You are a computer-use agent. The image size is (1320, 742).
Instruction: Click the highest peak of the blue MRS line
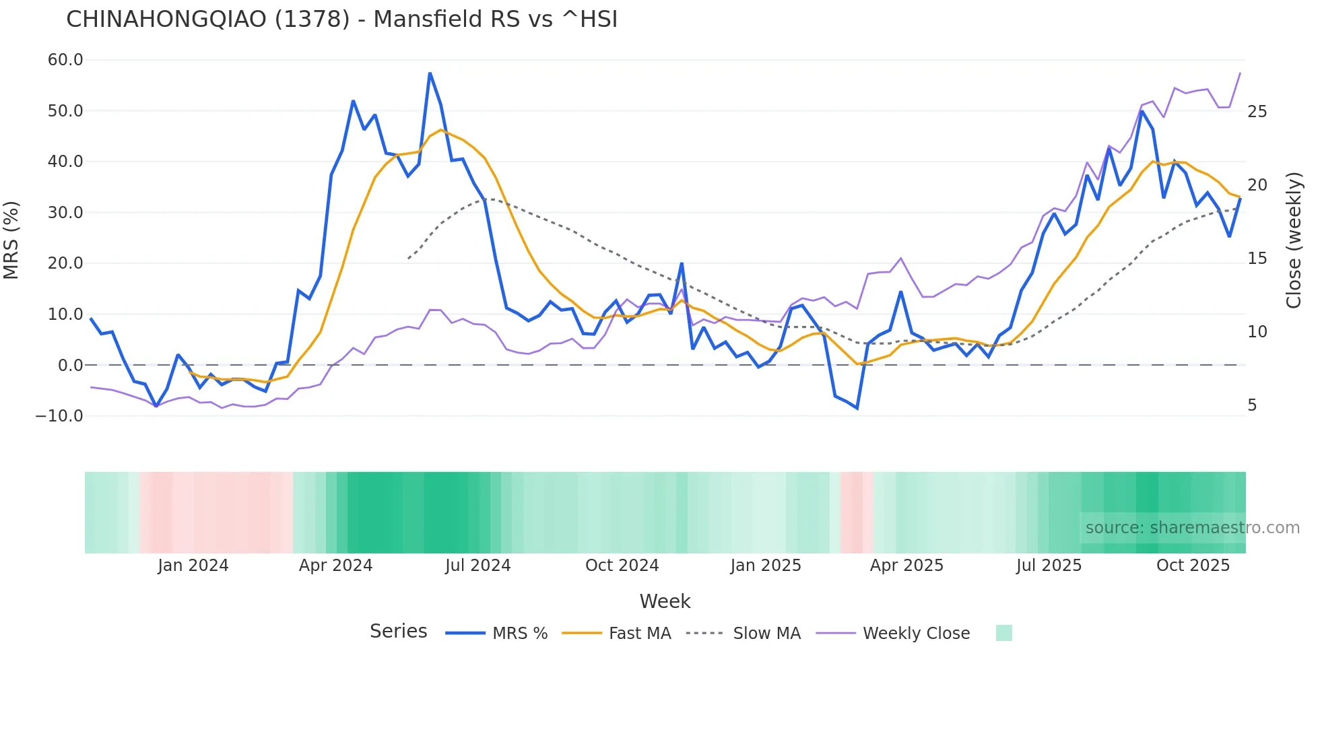(430, 73)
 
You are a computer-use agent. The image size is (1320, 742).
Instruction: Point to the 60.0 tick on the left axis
(65, 60)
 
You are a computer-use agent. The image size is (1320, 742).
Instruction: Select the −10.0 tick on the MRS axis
(60, 416)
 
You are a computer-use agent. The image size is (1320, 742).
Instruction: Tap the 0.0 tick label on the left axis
(70, 366)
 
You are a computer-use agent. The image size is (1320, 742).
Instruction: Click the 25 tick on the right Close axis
(1257, 112)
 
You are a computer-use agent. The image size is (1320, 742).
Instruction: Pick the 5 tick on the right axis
(1252, 405)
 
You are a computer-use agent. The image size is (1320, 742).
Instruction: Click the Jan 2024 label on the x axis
(193, 566)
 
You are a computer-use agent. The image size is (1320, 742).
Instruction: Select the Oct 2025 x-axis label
(1193, 566)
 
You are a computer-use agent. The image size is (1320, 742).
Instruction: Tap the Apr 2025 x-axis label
(906, 566)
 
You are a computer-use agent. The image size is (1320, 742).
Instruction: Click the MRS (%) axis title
(11, 240)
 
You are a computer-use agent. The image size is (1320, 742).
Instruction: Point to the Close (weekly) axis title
(1294, 240)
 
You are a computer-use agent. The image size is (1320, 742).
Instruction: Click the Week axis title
(665, 601)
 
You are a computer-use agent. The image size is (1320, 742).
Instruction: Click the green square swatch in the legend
(1003, 633)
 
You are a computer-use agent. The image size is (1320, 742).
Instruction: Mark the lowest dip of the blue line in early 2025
(857, 408)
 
